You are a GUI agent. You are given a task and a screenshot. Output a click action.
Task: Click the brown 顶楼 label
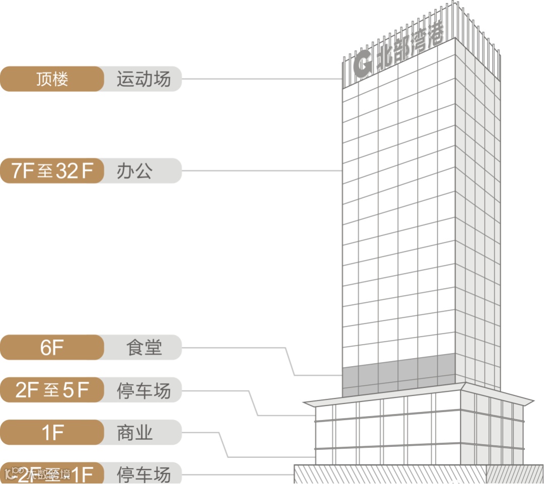52,79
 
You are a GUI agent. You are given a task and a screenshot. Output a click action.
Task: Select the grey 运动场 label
144,79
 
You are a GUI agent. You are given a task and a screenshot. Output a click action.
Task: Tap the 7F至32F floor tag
52,171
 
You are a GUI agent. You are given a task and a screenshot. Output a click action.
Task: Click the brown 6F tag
52,348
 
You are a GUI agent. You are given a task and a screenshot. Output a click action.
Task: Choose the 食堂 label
145,348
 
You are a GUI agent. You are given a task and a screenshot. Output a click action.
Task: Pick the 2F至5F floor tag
52,390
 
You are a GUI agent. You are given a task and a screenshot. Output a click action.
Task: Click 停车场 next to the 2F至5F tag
144,390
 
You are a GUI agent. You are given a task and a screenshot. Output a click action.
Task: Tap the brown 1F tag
52,433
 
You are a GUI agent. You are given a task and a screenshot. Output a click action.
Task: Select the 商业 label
134,433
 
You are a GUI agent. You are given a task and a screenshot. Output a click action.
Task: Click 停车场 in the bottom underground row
144,474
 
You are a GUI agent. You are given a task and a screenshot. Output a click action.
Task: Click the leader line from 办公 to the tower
262,171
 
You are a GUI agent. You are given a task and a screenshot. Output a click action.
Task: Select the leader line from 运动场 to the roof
262,79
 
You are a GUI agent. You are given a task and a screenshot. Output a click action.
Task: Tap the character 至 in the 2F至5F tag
51,390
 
